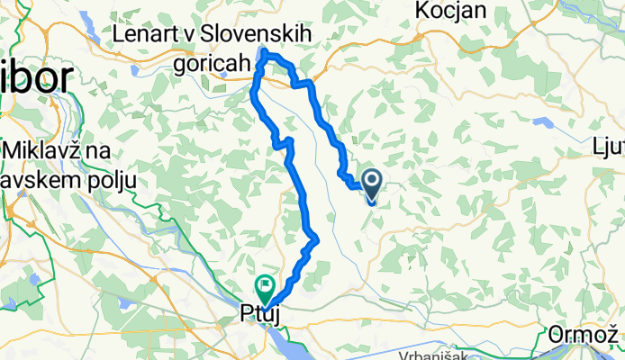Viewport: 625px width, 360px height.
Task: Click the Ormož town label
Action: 585,337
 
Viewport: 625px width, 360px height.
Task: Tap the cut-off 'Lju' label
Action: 608,145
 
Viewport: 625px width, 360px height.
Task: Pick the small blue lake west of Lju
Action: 543,121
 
